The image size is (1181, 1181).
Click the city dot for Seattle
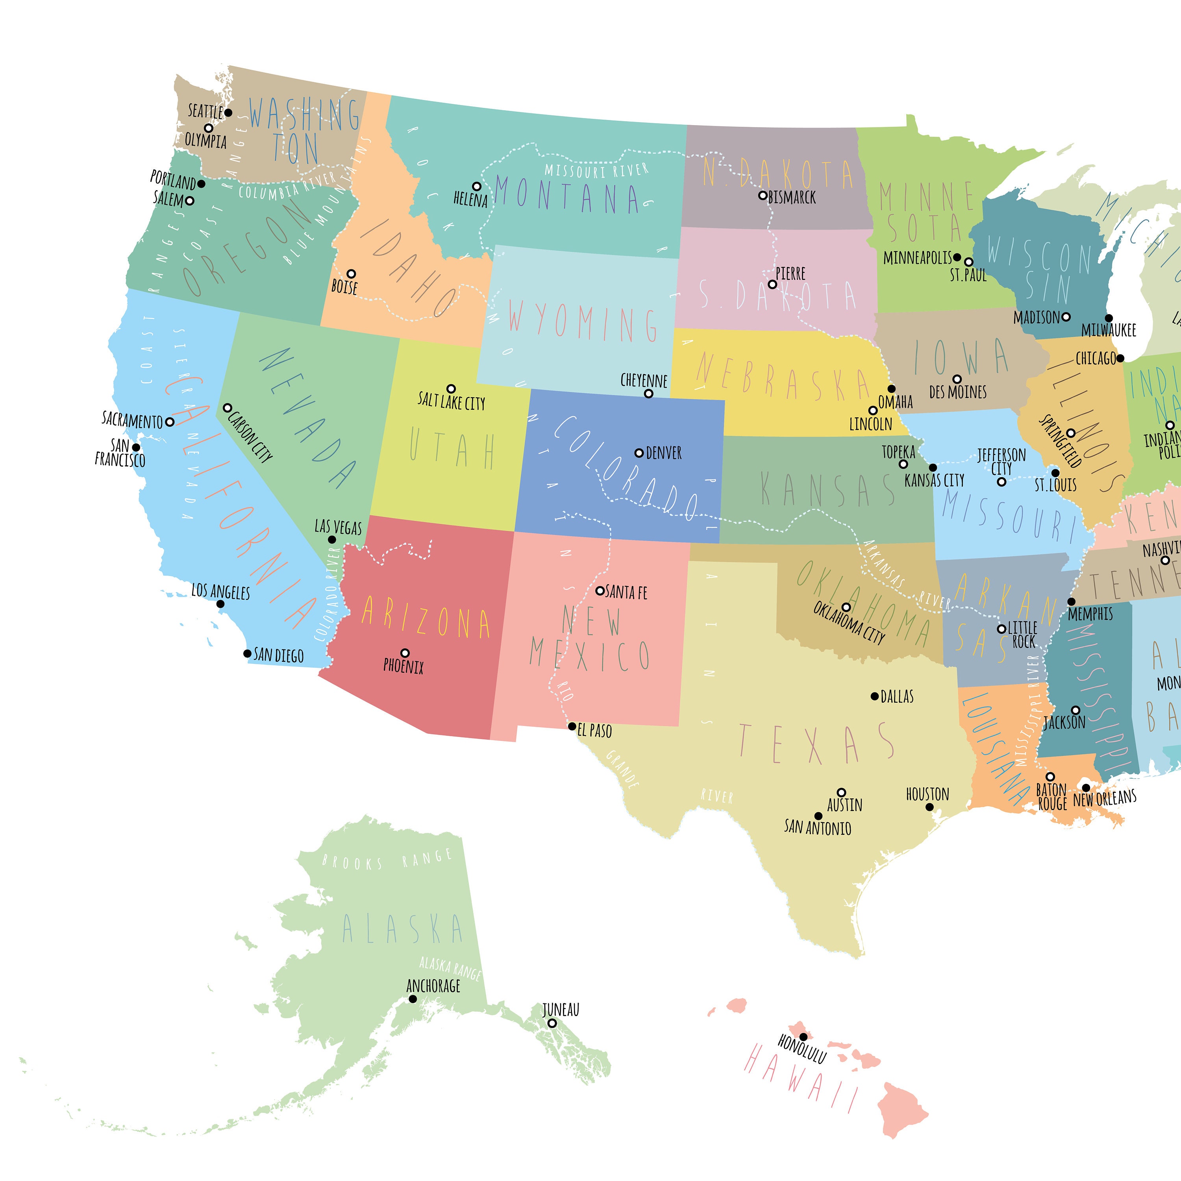228,113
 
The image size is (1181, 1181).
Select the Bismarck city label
792,197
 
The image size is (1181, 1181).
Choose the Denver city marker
639,453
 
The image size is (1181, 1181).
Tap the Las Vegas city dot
332,540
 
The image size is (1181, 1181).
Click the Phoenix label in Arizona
404,666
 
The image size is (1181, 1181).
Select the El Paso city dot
572,727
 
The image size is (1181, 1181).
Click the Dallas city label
897,697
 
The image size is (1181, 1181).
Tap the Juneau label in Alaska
561,1010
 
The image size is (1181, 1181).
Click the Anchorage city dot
413,999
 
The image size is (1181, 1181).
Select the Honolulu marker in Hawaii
803,1037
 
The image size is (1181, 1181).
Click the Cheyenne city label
644,380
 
